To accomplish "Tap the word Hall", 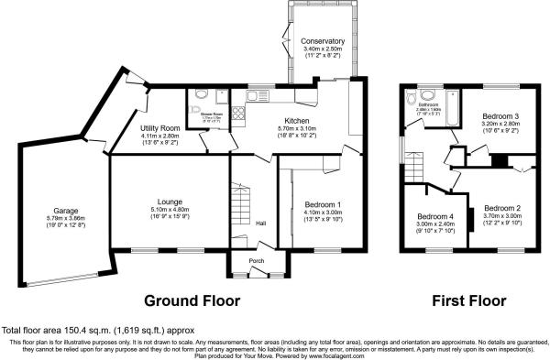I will point(260,224).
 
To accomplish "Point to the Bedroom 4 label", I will point(434,216).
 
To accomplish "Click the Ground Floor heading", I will point(192,300).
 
